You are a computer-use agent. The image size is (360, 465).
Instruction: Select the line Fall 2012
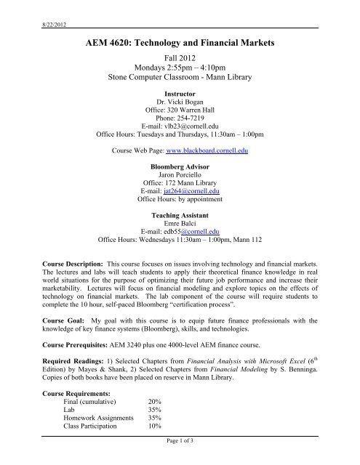(179, 63)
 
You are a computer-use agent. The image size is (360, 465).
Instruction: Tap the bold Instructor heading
(179, 94)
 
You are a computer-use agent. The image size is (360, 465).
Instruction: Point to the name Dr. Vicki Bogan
(179, 104)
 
